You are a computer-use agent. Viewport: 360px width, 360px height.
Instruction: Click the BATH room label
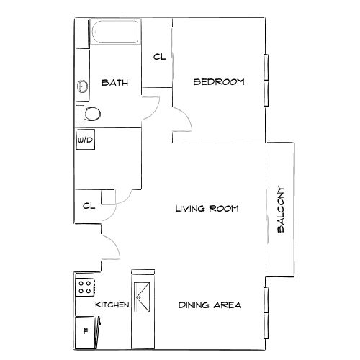pos(114,83)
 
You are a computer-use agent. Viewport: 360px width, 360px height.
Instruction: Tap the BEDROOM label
pos(218,82)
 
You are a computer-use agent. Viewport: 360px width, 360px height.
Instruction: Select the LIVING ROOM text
pos(207,209)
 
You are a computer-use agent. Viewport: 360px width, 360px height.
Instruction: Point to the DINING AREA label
pos(210,305)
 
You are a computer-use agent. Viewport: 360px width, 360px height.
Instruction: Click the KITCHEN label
pos(112,305)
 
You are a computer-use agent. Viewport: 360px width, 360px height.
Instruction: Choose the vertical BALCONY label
pos(282,211)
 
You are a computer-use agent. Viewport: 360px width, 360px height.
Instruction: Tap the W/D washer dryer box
pos(84,140)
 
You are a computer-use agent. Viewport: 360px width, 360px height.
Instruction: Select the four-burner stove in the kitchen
pos(84,287)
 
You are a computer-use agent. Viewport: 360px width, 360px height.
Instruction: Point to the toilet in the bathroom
pos(89,113)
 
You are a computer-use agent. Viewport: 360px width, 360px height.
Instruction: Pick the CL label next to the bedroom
pos(159,57)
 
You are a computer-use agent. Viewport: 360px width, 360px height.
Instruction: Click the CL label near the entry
pos(89,206)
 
